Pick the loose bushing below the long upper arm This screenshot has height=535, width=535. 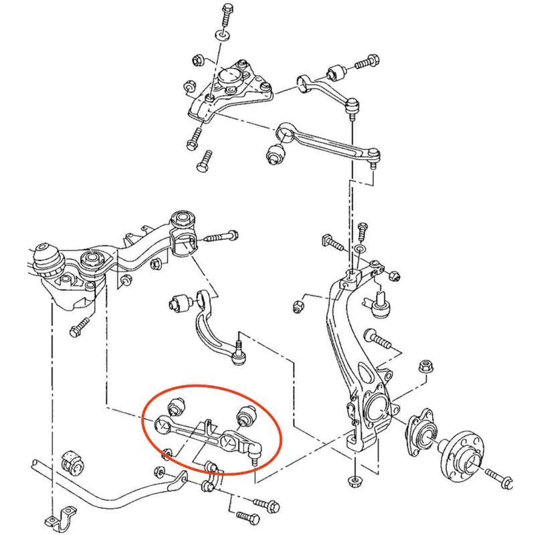(x=275, y=153)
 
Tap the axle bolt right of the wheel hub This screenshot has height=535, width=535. (x=498, y=476)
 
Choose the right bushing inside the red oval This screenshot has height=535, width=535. (x=246, y=415)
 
